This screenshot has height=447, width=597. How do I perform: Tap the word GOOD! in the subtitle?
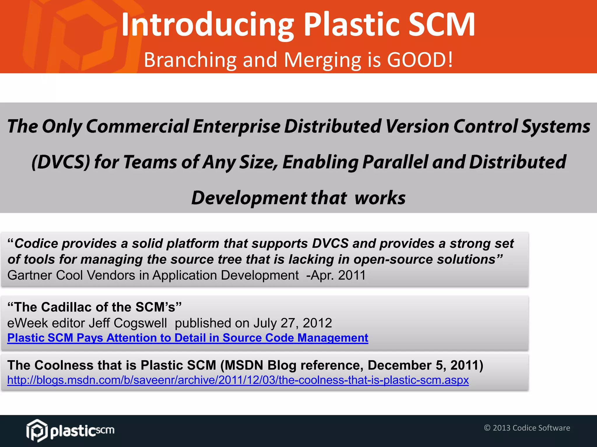[420, 60]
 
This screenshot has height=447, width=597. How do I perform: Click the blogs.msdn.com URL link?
[238, 380]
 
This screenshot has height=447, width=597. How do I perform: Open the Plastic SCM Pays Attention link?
[188, 338]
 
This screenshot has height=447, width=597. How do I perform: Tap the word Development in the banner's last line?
[249, 198]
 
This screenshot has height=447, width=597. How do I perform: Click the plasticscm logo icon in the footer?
[37, 430]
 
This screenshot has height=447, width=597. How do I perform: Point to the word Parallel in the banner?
[395, 162]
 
